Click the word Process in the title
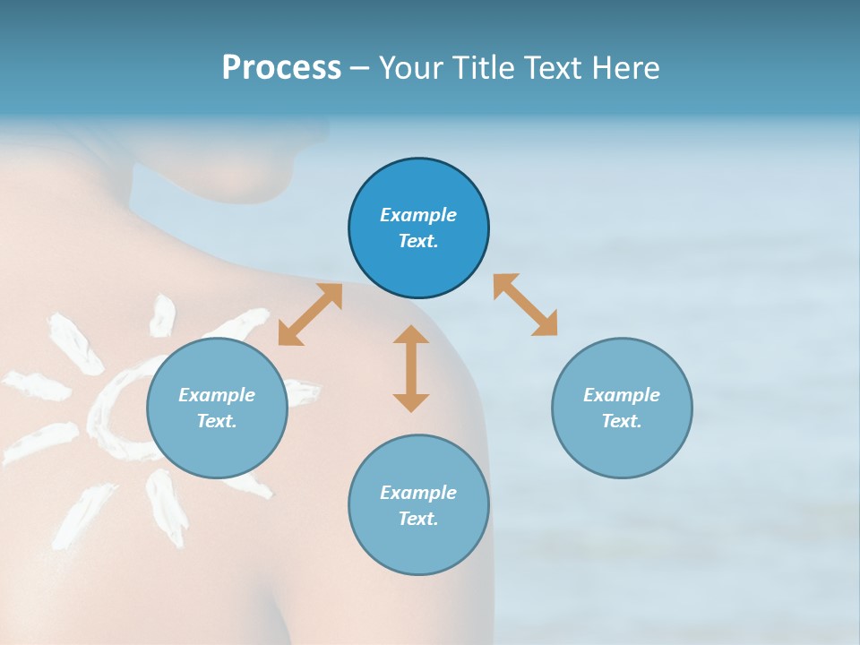[x=281, y=68]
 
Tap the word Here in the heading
[x=626, y=68]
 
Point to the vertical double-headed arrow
[x=411, y=368]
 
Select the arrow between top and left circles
[x=310, y=314]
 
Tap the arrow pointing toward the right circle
[x=526, y=305]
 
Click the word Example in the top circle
[x=418, y=215]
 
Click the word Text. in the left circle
[x=217, y=421]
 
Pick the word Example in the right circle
[x=622, y=395]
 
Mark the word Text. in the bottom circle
[x=418, y=519]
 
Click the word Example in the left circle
[x=217, y=395]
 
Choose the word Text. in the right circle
[x=622, y=421]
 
